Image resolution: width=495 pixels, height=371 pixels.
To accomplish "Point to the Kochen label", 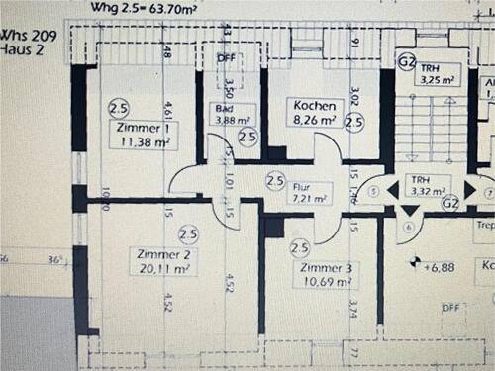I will pos(312,105).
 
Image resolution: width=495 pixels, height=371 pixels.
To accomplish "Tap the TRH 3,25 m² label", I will pos(436,72).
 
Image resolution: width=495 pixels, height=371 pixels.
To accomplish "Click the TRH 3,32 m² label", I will pos(430,186).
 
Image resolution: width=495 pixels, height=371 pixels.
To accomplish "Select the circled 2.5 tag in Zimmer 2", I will pos(187,233).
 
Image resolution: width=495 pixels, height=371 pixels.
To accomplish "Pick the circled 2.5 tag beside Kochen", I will pos(353,123).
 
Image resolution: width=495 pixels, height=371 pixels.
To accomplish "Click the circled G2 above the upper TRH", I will pos(405,60).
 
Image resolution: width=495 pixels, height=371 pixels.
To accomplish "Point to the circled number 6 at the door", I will pos(408,225).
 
